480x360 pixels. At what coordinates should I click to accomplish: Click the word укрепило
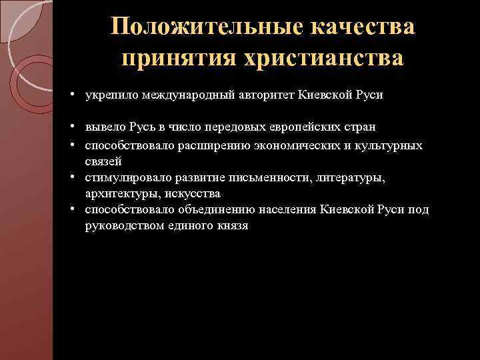[108, 95]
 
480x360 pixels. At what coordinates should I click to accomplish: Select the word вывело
[102, 127]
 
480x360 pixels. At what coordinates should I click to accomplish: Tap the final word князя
[231, 226]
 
